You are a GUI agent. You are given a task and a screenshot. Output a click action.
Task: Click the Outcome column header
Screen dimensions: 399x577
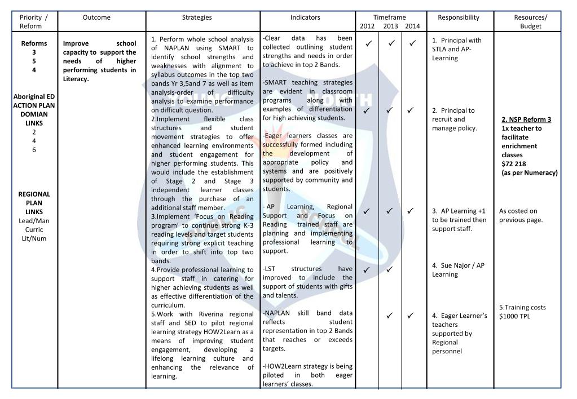[x=96, y=17]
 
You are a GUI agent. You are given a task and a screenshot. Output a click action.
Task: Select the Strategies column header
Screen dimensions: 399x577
[x=197, y=17]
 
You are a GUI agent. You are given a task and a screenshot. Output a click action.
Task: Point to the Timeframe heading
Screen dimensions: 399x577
[x=389, y=17]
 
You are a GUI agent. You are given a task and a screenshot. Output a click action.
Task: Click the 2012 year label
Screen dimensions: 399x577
[x=367, y=26]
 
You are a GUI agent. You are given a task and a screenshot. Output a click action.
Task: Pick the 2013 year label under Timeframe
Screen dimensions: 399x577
[x=390, y=26]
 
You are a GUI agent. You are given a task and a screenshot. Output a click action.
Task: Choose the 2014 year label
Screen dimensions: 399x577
[x=412, y=26]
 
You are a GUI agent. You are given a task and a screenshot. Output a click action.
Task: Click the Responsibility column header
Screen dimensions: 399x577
[x=459, y=17]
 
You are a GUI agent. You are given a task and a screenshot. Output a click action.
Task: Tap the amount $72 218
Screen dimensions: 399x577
[x=514, y=164]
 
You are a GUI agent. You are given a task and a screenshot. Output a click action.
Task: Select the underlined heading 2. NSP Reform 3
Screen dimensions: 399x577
[x=526, y=119]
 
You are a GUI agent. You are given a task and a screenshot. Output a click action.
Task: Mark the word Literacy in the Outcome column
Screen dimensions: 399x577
[x=77, y=79]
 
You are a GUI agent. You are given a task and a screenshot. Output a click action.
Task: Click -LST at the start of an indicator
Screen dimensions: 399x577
[x=270, y=269]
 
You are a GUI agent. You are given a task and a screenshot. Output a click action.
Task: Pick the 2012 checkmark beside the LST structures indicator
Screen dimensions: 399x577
[x=367, y=270]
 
